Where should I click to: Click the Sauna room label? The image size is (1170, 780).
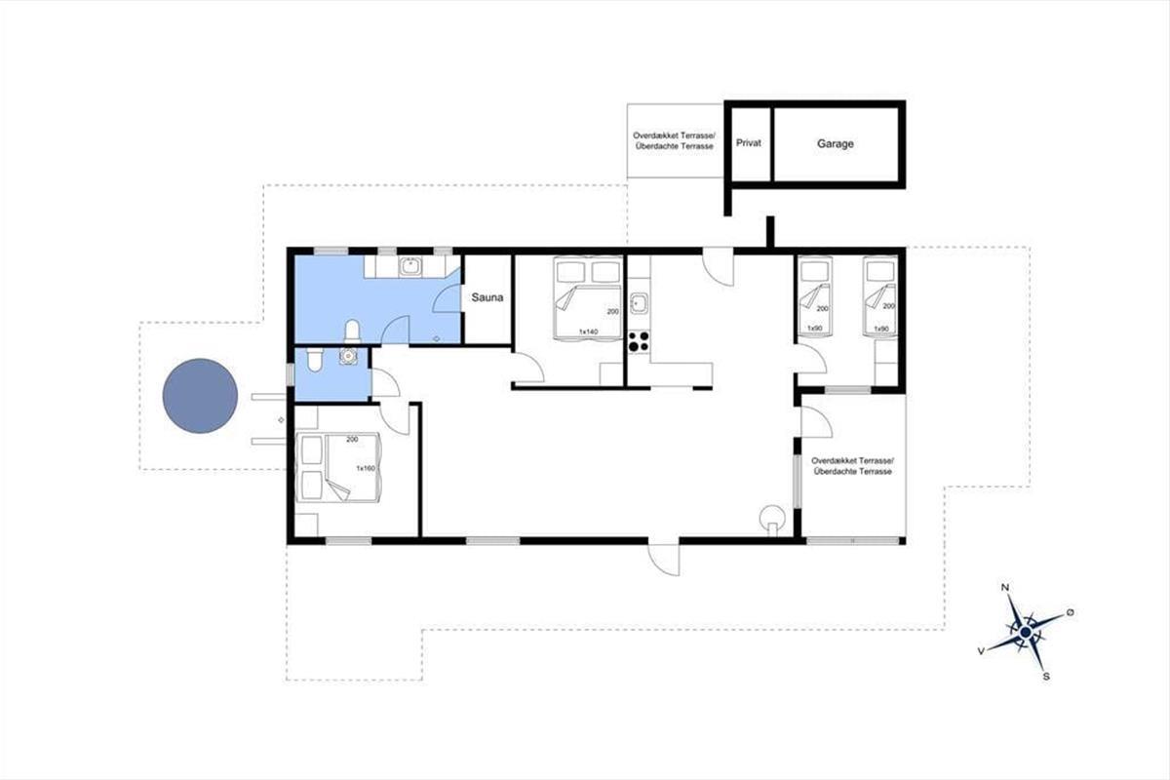click(x=487, y=297)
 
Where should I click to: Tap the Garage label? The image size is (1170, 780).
click(x=836, y=143)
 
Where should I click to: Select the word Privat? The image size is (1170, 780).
click(x=749, y=142)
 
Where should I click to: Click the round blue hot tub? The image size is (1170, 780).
click(x=200, y=396)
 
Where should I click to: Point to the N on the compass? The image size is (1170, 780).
click(x=1004, y=587)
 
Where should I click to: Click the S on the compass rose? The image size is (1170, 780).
click(x=1046, y=677)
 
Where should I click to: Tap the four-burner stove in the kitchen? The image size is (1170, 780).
click(x=639, y=341)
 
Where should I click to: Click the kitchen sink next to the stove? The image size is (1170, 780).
click(x=639, y=303)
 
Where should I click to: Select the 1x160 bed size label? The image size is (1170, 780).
click(x=366, y=468)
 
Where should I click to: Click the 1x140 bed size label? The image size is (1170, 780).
click(x=588, y=331)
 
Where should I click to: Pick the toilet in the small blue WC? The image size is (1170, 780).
click(x=314, y=360)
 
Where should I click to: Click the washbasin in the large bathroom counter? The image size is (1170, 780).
click(x=410, y=266)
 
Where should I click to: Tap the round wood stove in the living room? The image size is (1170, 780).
click(x=772, y=520)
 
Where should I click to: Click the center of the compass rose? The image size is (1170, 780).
click(x=1026, y=633)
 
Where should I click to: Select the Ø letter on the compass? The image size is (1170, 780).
click(x=1070, y=612)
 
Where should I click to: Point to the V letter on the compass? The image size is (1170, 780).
click(x=982, y=651)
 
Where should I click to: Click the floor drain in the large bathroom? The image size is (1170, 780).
click(x=437, y=339)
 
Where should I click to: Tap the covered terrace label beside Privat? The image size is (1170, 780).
click(x=674, y=141)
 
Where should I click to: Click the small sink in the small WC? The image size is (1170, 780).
click(x=348, y=356)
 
